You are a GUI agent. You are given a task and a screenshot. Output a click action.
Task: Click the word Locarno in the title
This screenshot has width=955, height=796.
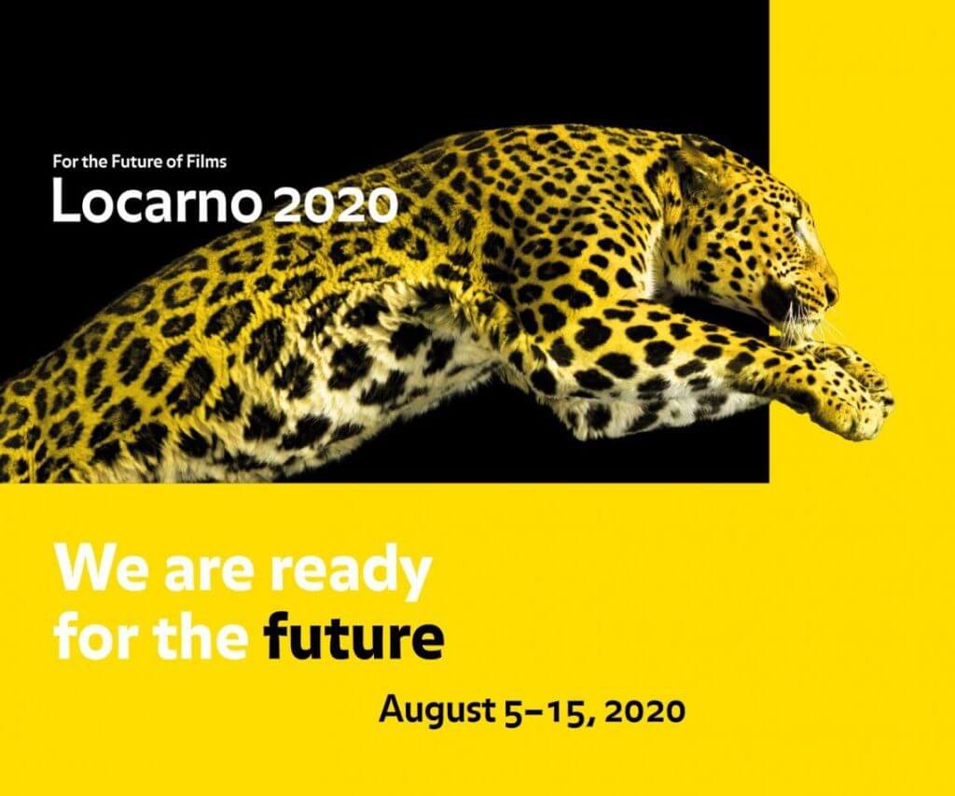(155, 200)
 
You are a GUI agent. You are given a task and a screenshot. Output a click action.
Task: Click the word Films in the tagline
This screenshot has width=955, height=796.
(208, 161)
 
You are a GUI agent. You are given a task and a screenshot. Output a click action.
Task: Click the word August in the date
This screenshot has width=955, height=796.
(436, 712)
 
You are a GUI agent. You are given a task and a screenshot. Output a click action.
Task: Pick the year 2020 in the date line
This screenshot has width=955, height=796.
(646, 711)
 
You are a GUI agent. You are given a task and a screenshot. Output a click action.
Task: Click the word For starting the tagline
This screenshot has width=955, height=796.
(64, 161)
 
